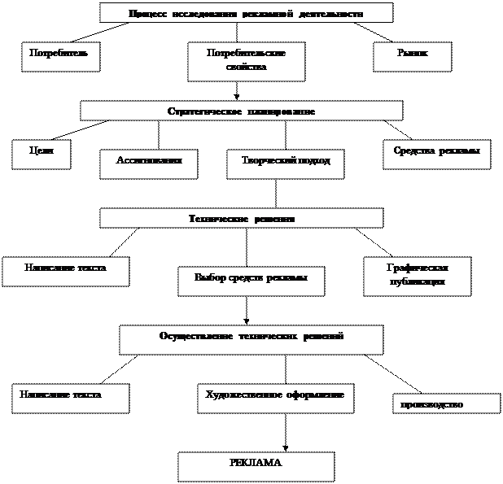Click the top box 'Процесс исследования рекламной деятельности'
[246, 13]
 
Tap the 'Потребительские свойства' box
[246, 61]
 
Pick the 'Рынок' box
[412, 55]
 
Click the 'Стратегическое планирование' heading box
[241, 111]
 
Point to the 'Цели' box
[41, 153]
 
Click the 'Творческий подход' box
[285, 163]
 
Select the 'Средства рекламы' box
[436, 153]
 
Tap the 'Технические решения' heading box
[241, 218]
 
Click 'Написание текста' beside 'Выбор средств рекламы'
[65, 271]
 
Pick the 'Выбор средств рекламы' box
[251, 280]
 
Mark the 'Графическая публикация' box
[417, 275]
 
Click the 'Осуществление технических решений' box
[251, 339]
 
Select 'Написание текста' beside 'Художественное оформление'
[70, 398]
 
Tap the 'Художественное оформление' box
[275, 398]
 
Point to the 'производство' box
[446, 404]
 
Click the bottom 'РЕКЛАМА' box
[256, 465]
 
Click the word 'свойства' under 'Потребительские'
[246, 68]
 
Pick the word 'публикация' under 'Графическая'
[417, 282]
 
